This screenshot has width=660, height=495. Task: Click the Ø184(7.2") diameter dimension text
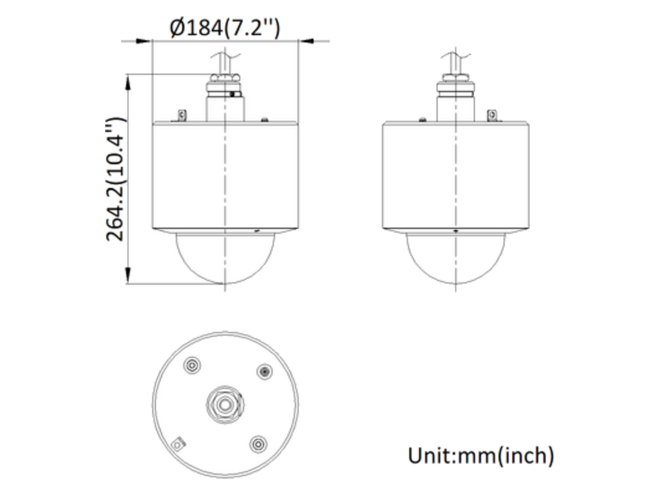[224, 28]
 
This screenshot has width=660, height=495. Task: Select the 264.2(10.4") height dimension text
[115, 179]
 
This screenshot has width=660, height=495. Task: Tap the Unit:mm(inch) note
[481, 456]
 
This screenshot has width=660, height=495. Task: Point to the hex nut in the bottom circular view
[224, 405]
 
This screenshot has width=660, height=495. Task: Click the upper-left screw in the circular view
[192, 365]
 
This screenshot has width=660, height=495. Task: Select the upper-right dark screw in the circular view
[265, 372]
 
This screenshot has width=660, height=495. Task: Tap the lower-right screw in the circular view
[258, 444]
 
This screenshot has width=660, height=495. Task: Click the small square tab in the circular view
[178, 444]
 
